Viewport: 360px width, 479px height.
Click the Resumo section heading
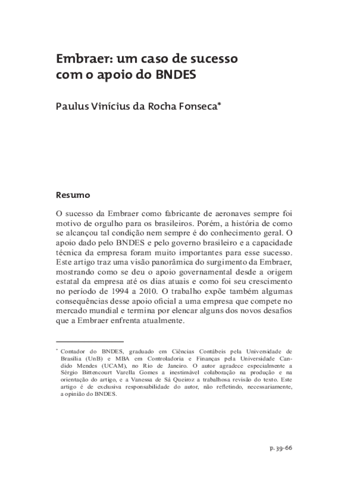[73, 195]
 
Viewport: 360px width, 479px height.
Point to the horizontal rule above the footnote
[89, 342]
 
